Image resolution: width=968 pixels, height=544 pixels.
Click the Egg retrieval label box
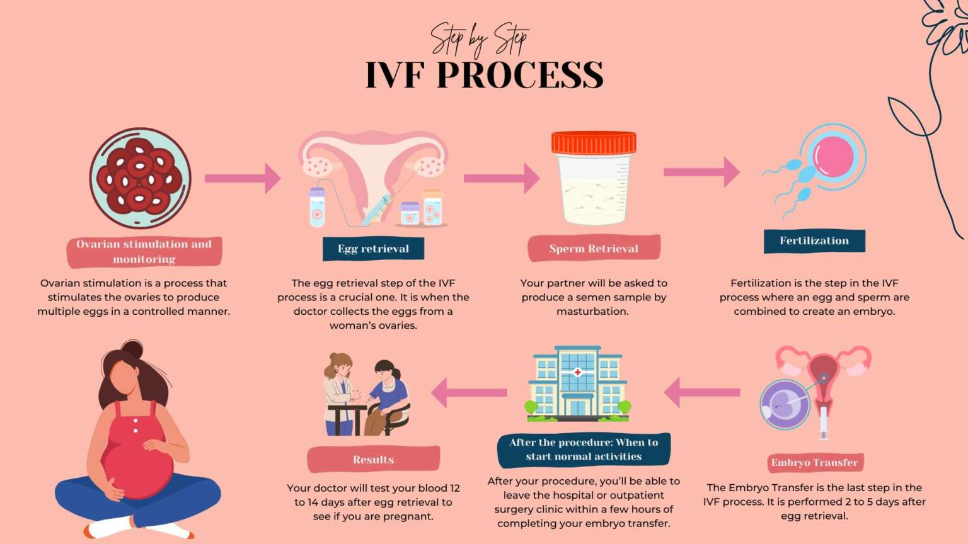pos(373,249)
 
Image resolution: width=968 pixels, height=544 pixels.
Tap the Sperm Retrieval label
pos(594,249)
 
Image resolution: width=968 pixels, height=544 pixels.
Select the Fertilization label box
pos(814,241)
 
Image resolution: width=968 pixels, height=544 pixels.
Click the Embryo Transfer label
pos(815,463)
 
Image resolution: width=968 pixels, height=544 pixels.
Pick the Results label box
pos(373,460)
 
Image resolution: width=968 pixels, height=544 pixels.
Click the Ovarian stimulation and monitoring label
pos(144,252)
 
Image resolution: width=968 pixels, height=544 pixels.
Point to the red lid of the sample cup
pos(594,142)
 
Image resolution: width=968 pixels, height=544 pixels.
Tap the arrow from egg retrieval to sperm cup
pos(502,178)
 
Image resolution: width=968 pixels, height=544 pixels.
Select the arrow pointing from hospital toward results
pos(469,392)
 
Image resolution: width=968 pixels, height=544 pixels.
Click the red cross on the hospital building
pos(577,372)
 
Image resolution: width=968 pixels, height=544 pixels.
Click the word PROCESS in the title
pos(520,76)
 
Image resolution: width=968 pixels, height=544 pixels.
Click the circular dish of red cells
pos(140,179)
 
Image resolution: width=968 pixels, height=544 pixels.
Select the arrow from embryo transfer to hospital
pos(702,392)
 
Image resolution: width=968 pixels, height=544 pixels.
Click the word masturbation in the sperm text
pos(592,311)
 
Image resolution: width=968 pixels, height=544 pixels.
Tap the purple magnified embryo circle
pos(785,405)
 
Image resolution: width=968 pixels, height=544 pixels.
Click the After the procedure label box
pos(584,450)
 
